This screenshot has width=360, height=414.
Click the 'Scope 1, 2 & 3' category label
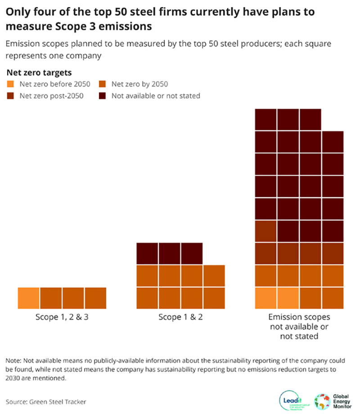pos(62,317)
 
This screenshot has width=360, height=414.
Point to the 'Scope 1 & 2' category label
pos(180,317)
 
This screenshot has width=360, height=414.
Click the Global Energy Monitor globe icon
pos(322,399)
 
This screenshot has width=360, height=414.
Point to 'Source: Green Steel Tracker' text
pos(46,401)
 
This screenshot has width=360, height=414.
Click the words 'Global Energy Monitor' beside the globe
pos(342,399)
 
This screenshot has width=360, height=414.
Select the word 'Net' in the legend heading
pos(13,72)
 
